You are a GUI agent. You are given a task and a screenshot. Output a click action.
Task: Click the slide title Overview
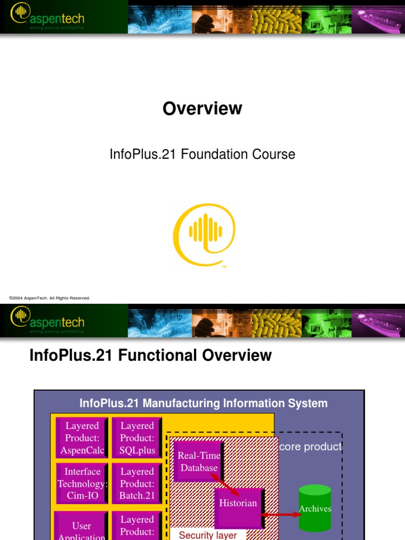tap(202, 109)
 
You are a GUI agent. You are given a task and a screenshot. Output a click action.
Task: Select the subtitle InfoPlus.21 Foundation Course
tap(202, 155)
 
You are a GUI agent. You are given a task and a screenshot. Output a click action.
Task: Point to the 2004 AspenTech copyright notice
tap(50, 298)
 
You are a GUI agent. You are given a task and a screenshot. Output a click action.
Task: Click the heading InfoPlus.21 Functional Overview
tap(151, 355)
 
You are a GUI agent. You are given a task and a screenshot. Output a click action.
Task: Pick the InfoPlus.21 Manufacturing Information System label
tap(204, 403)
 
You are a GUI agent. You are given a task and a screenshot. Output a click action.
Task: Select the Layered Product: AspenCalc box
tap(82, 438)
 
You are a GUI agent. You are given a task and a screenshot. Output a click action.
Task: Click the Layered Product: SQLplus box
tap(137, 438)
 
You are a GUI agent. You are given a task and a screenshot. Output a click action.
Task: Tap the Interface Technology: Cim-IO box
tap(82, 484)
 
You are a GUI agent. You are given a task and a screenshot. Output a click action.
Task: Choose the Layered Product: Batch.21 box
tap(137, 484)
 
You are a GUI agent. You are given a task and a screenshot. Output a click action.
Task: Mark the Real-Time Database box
tap(198, 461)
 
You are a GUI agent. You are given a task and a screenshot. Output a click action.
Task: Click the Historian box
tap(238, 504)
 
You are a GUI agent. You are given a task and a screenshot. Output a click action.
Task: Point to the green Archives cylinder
tap(315, 508)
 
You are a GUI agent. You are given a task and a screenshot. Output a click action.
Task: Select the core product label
tap(311, 447)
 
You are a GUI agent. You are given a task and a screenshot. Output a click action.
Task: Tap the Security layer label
tap(208, 535)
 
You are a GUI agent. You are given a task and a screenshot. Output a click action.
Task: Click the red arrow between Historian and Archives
tap(282, 514)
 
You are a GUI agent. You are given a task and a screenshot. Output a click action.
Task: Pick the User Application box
tap(82, 527)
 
